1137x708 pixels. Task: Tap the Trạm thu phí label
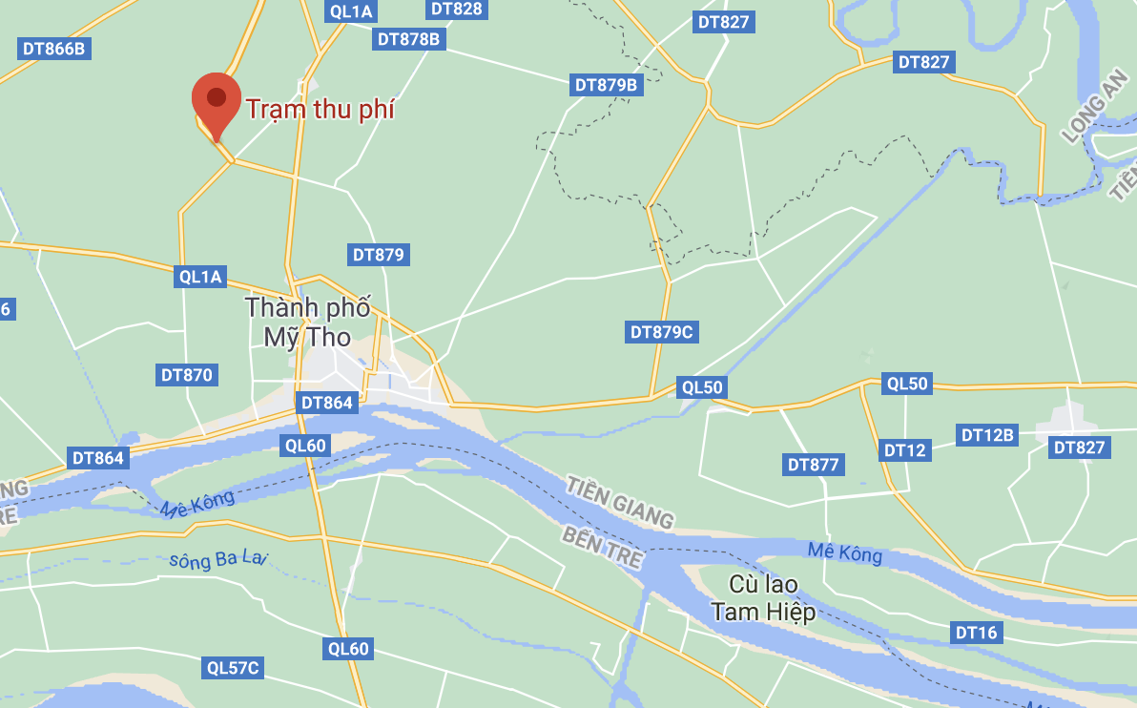coord(320,110)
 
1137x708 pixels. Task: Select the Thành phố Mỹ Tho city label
coord(307,323)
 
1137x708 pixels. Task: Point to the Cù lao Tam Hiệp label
coord(764,598)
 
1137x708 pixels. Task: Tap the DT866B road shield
coord(54,49)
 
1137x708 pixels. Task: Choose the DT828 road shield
coord(456,9)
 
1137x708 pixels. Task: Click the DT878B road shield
coord(408,39)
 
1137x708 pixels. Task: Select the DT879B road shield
coord(606,85)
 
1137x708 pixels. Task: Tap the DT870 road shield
coord(187,375)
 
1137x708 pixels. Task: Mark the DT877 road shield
coord(814,465)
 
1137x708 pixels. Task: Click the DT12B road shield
coord(987,435)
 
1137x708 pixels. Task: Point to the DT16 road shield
coord(976,632)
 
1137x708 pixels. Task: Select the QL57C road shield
coord(234,668)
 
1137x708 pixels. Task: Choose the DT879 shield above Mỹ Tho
coord(380,255)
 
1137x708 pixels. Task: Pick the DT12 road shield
coord(904,450)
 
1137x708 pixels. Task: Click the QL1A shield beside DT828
coord(351,11)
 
